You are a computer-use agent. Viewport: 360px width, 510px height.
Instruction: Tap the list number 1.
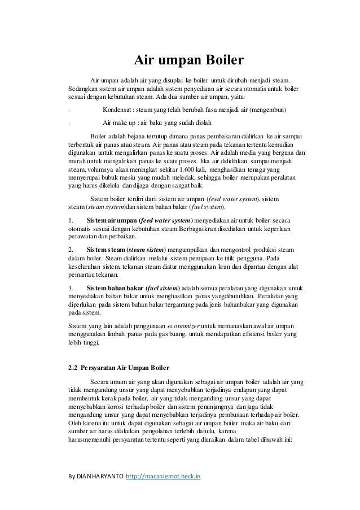tap(69, 220)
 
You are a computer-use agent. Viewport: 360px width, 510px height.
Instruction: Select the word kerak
tap(112, 398)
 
